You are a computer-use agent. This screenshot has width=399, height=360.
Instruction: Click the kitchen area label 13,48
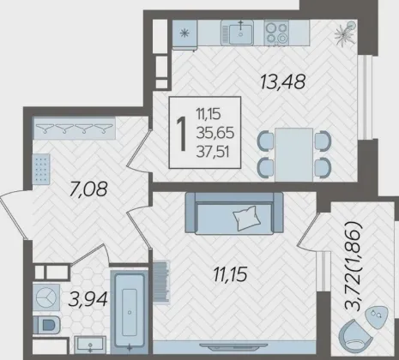(x=283, y=81)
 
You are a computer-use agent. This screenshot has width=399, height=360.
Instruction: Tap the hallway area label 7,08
(x=88, y=189)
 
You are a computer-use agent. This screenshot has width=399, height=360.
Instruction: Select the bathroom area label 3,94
(x=88, y=299)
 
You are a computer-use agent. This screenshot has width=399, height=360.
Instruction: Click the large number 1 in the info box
(x=182, y=133)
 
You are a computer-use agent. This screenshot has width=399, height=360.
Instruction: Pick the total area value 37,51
(x=213, y=152)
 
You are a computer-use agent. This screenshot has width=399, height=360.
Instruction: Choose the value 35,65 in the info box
(x=215, y=133)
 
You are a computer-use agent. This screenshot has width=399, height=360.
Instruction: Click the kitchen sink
(x=237, y=33)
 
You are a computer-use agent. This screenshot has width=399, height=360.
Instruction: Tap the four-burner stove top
(x=276, y=33)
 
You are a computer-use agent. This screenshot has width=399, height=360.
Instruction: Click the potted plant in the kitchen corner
(x=346, y=33)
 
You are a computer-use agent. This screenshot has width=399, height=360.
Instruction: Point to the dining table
(x=293, y=154)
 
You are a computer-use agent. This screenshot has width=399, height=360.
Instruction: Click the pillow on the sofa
(x=248, y=218)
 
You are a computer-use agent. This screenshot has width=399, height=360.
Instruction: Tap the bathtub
(x=130, y=312)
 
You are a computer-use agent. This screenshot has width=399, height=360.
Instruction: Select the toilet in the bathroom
(x=46, y=325)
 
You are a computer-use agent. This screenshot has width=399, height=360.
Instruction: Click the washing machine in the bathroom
(x=46, y=297)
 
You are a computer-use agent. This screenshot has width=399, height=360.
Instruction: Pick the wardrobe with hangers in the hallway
(x=75, y=128)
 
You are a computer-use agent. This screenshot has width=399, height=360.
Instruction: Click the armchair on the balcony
(x=355, y=334)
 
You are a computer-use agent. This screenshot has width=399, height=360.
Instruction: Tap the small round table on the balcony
(x=377, y=316)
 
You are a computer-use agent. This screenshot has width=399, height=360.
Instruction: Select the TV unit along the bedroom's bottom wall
(x=234, y=347)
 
